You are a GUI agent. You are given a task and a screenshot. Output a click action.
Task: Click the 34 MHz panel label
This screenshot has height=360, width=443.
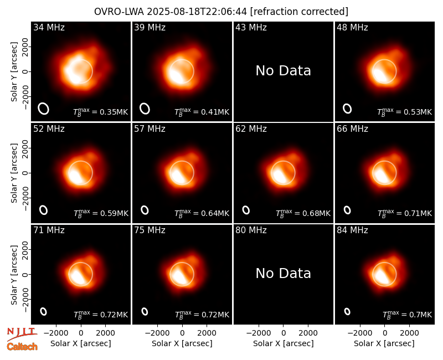(x=49, y=27)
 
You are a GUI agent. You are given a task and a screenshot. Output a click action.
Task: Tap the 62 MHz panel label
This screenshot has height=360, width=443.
(x=251, y=129)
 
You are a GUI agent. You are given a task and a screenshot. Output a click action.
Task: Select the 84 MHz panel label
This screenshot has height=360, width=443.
(x=352, y=230)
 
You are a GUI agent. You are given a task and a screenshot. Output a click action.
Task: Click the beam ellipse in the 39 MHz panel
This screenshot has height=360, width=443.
(x=145, y=109)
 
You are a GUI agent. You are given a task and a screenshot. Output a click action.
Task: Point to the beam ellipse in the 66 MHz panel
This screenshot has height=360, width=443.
(x=347, y=210)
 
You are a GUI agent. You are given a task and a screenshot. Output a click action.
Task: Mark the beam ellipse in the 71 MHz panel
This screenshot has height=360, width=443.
(x=43, y=311)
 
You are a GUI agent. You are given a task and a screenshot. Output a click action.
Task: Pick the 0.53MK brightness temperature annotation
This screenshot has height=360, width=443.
(x=405, y=112)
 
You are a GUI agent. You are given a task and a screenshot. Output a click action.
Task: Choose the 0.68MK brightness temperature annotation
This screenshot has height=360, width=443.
(x=303, y=213)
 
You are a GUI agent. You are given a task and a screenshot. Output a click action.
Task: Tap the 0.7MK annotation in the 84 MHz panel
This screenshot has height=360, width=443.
(x=407, y=315)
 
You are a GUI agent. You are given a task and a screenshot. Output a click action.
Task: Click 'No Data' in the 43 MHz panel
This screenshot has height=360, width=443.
(x=284, y=71)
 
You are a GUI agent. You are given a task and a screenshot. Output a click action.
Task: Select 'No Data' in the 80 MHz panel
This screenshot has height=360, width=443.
(x=284, y=274)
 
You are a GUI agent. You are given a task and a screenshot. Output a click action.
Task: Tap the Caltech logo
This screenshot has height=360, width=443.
(x=22, y=347)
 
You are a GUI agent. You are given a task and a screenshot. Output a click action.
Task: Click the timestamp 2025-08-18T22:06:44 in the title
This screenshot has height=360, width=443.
(x=197, y=12)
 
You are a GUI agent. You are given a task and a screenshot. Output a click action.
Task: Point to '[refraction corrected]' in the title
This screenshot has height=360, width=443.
(x=299, y=12)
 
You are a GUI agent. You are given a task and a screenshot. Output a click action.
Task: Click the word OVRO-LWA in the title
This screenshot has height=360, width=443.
(x=119, y=12)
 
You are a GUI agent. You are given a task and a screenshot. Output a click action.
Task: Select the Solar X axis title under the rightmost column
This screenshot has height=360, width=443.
(x=384, y=343)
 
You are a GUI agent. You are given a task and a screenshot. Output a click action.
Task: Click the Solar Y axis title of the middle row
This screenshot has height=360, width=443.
(x=14, y=173)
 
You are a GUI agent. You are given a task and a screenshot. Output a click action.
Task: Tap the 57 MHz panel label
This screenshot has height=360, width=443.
(x=150, y=129)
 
